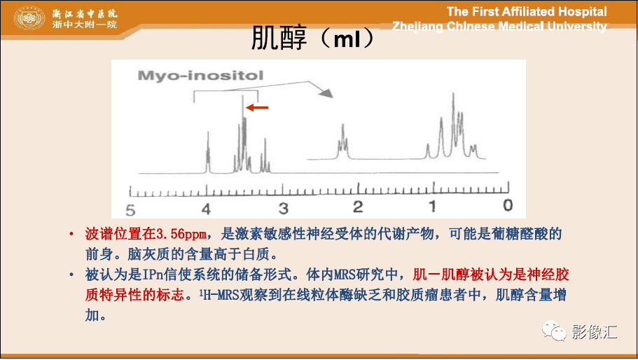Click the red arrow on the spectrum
pyautogui.click(x=257, y=108)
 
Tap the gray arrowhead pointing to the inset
pyautogui.click(x=326, y=94)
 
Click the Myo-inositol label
pyautogui.click(x=200, y=76)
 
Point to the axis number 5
pyautogui.click(x=130, y=210)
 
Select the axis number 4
pyautogui.click(x=206, y=209)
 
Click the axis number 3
pyautogui.click(x=283, y=209)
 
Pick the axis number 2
pyautogui.click(x=358, y=207)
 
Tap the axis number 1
pyautogui.click(x=433, y=206)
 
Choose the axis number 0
pyautogui.click(x=508, y=205)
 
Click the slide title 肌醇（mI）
pyautogui.click(x=312, y=38)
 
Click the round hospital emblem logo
pyautogui.click(x=29, y=18)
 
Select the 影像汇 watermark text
pyautogui.click(x=594, y=331)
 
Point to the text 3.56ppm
pyautogui.click(x=181, y=234)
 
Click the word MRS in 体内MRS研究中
pyautogui.click(x=345, y=275)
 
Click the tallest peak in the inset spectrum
pyautogui.click(x=453, y=122)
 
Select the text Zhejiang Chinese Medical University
pyautogui.click(x=499, y=26)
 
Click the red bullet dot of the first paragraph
pyautogui.click(x=71, y=234)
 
